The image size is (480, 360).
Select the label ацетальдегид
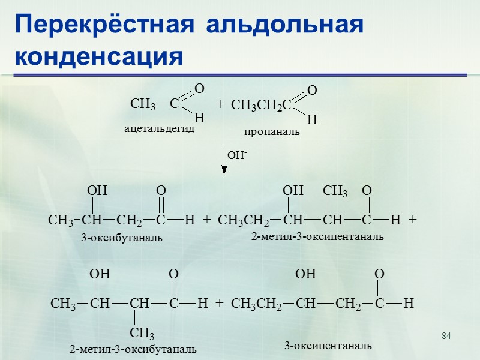point(159,128)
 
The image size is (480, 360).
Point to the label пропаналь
point(271,131)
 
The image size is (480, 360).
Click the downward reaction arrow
point(224,159)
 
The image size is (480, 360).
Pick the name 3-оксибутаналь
point(122,238)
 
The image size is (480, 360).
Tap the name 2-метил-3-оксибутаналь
point(133,349)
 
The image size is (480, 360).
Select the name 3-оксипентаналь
point(328,346)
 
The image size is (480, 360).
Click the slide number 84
point(446,334)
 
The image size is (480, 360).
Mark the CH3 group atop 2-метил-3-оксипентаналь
point(335,191)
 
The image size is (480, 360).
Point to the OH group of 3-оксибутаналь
point(97,191)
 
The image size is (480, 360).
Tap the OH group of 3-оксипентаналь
point(306,274)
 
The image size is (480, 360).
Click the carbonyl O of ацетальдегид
point(200,89)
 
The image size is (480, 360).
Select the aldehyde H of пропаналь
point(311,120)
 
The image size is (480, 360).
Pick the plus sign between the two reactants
point(220,104)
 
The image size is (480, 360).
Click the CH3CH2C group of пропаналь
point(261,106)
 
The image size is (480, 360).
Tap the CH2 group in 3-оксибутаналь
point(130,220)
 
